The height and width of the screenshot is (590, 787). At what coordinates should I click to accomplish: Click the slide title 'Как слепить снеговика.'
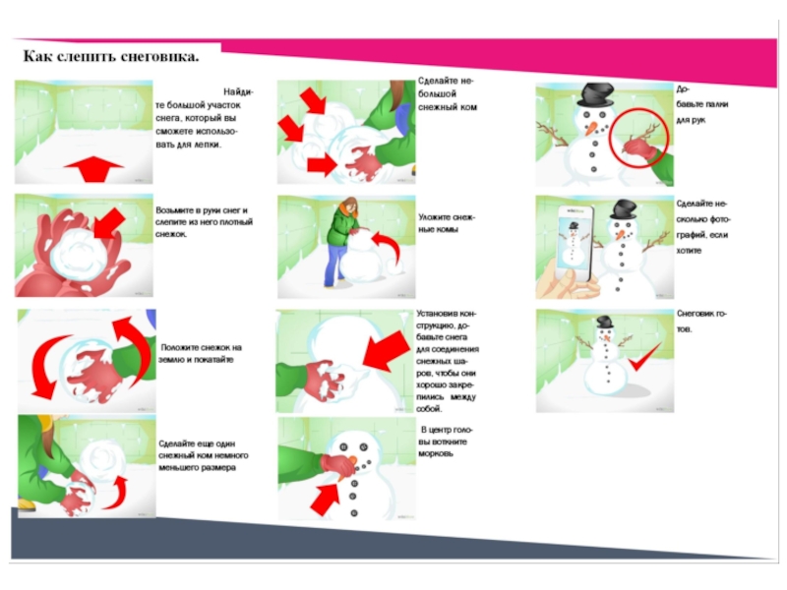click(110, 57)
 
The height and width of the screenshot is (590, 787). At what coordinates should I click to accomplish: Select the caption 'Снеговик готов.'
click(702, 321)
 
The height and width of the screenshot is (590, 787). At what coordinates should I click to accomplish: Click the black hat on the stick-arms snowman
click(595, 95)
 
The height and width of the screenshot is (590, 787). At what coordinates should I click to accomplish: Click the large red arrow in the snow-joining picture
click(382, 354)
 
